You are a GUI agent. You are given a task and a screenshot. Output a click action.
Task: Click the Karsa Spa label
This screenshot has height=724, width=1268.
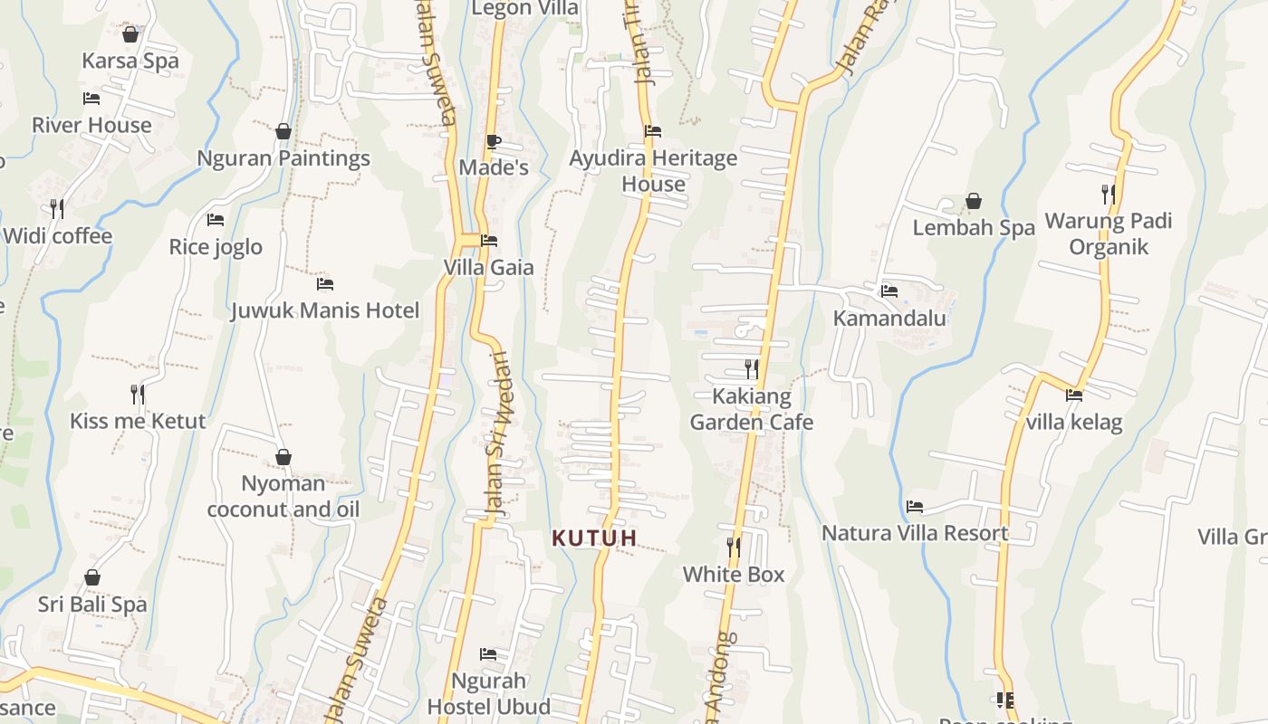(x=130, y=61)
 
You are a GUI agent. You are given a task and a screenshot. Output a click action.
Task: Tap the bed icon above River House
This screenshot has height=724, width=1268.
(x=91, y=98)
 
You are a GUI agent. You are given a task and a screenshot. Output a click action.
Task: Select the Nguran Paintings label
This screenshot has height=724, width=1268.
(x=283, y=158)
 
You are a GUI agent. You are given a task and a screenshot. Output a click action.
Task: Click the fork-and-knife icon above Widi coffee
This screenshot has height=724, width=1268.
(x=57, y=209)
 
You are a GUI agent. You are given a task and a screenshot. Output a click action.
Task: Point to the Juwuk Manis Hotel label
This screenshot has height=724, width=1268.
(x=324, y=311)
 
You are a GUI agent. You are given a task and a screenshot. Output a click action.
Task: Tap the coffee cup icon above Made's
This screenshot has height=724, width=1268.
(x=493, y=141)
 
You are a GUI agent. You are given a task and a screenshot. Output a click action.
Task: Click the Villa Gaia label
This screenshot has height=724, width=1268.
(x=488, y=268)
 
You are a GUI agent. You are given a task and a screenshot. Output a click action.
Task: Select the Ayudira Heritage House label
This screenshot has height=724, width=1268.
(x=653, y=171)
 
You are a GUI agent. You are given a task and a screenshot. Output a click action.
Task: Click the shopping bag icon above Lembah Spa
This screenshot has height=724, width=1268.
(x=974, y=201)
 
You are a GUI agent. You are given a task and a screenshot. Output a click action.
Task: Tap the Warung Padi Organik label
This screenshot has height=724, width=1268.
(x=1109, y=233)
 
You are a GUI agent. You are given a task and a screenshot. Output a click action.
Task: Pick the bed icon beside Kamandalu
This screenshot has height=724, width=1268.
(x=889, y=291)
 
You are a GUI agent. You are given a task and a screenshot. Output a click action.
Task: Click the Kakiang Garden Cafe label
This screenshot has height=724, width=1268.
(x=752, y=409)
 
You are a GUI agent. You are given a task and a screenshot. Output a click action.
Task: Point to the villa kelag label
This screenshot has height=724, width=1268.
(x=1074, y=422)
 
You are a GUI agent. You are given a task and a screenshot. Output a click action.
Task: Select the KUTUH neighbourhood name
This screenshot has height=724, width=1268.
(x=594, y=538)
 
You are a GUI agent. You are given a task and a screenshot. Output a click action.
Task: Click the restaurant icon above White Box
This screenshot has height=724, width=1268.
(x=734, y=547)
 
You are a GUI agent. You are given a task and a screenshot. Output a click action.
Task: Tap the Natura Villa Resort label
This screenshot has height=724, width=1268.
(x=915, y=533)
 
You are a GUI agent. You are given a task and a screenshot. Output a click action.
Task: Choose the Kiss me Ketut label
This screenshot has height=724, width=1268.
(x=138, y=421)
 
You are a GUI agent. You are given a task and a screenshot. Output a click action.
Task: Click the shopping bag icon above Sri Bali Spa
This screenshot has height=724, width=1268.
(x=92, y=577)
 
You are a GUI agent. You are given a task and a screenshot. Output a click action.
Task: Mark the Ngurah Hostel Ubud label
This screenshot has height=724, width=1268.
(x=488, y=693)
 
